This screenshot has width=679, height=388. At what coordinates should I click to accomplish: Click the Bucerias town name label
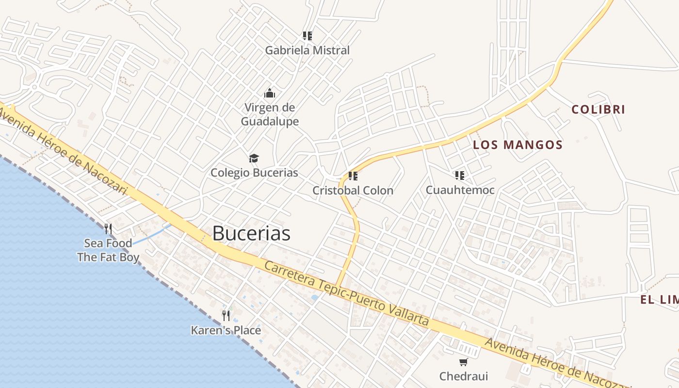tap(251, 233)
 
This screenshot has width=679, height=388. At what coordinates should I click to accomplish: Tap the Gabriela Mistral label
tap(307, 50)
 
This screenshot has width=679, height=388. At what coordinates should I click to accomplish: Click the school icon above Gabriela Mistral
tap(307, 35)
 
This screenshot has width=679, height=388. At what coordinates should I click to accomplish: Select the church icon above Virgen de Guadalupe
tap(269, 93)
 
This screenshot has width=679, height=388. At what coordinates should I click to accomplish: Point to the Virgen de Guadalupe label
tap(270, 114)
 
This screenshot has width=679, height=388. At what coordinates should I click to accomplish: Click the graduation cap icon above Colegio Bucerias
tap(254, 158)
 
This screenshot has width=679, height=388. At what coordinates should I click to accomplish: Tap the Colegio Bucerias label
tap(254, 173)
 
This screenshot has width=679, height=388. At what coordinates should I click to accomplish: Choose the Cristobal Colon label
tap(353, 191)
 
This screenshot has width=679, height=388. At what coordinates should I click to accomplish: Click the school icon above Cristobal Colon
tap(353, 176)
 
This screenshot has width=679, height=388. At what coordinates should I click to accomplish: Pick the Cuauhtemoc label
tap(460, 190)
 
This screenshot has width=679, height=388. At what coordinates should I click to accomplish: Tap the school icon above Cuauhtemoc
tap(459, 175)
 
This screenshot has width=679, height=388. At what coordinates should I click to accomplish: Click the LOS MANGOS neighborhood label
tap(517, 145)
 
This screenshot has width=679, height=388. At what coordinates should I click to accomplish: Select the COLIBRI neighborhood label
tap(598, 110)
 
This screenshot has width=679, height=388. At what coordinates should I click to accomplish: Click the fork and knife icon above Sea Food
tap(108, 228)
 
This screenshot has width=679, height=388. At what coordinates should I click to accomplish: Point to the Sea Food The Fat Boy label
tap(108, 250)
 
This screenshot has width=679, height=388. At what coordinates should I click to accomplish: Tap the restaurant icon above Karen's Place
tap(226, 316)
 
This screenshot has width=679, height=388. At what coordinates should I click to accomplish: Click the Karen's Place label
tap(226, 331)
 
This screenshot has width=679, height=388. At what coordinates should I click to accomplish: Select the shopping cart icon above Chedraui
tap(463, 362)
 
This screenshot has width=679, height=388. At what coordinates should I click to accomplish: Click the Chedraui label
tap(463, 376)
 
